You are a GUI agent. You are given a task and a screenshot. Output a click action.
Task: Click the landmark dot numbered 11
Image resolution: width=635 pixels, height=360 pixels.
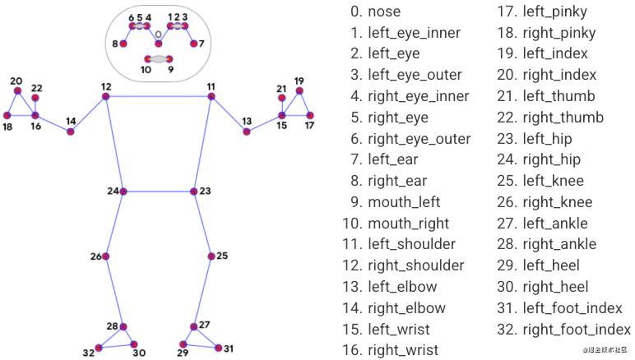point(211,97)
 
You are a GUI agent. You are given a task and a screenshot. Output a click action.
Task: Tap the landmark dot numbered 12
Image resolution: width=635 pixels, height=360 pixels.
point(106,97)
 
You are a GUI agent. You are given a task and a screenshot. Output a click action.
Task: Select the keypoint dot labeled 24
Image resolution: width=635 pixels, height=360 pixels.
point(123,192)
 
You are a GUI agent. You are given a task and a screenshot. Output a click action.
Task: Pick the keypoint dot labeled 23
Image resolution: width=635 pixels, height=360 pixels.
point(194,192)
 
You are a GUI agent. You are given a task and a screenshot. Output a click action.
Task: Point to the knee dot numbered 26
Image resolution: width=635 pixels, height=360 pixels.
point(106,256)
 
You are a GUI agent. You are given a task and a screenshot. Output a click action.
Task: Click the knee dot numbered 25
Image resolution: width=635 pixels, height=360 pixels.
point(211,256)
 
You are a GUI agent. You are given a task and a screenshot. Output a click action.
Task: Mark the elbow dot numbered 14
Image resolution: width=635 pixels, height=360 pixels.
point(71,132)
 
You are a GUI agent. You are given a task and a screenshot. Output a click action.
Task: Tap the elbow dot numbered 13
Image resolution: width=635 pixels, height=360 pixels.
point(247,132)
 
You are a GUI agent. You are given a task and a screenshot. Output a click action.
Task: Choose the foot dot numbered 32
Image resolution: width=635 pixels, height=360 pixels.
point(99,348)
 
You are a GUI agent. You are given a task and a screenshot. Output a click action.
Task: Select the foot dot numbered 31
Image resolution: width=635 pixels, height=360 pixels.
point(218,348)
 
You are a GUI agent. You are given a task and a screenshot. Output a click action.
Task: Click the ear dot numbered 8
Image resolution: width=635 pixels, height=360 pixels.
point(125,44)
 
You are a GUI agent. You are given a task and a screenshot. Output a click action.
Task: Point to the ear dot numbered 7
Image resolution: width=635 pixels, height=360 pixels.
point(193,44)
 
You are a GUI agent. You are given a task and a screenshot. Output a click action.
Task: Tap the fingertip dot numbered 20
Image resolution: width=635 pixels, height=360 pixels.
point(16,91)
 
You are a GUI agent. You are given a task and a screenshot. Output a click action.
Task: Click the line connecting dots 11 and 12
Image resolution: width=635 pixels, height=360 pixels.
point(159,97)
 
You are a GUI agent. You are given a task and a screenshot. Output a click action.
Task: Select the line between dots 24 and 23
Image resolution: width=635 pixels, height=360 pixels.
point(159,192)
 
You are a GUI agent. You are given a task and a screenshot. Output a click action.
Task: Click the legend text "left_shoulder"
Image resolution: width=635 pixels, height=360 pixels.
point(411,244)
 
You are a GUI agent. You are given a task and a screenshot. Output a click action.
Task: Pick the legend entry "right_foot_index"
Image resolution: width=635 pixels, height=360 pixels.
point(577,330)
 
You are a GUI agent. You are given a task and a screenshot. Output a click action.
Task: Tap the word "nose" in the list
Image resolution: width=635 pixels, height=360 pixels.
point(384,12)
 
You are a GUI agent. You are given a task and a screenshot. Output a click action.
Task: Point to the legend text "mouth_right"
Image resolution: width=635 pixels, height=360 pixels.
point(409,223)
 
